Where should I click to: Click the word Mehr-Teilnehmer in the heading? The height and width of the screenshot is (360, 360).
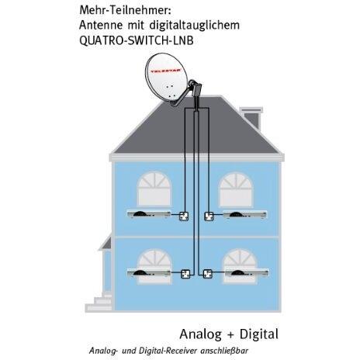125,10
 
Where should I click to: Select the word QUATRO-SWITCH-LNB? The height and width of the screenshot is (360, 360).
137,40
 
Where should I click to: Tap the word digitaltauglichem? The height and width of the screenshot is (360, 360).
195,26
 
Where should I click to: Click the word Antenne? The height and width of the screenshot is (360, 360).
101,26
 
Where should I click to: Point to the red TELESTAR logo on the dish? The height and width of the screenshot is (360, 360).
168,71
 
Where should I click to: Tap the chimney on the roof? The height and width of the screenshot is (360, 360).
251,119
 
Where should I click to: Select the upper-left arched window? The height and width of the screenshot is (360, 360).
154,189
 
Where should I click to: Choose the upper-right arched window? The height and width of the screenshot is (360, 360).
236,189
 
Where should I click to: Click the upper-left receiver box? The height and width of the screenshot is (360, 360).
149,214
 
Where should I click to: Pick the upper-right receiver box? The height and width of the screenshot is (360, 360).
245,214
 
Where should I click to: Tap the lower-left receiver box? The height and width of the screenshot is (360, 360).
149,273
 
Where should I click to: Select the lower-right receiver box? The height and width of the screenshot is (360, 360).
247,273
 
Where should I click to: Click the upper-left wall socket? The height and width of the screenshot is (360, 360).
184,216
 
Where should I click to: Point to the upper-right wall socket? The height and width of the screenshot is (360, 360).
209,216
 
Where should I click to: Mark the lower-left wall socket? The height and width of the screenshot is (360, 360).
185,274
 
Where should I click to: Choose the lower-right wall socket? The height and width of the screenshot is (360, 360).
207,274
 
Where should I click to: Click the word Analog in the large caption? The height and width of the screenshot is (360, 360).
201,334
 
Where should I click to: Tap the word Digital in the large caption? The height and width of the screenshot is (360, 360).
259,334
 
